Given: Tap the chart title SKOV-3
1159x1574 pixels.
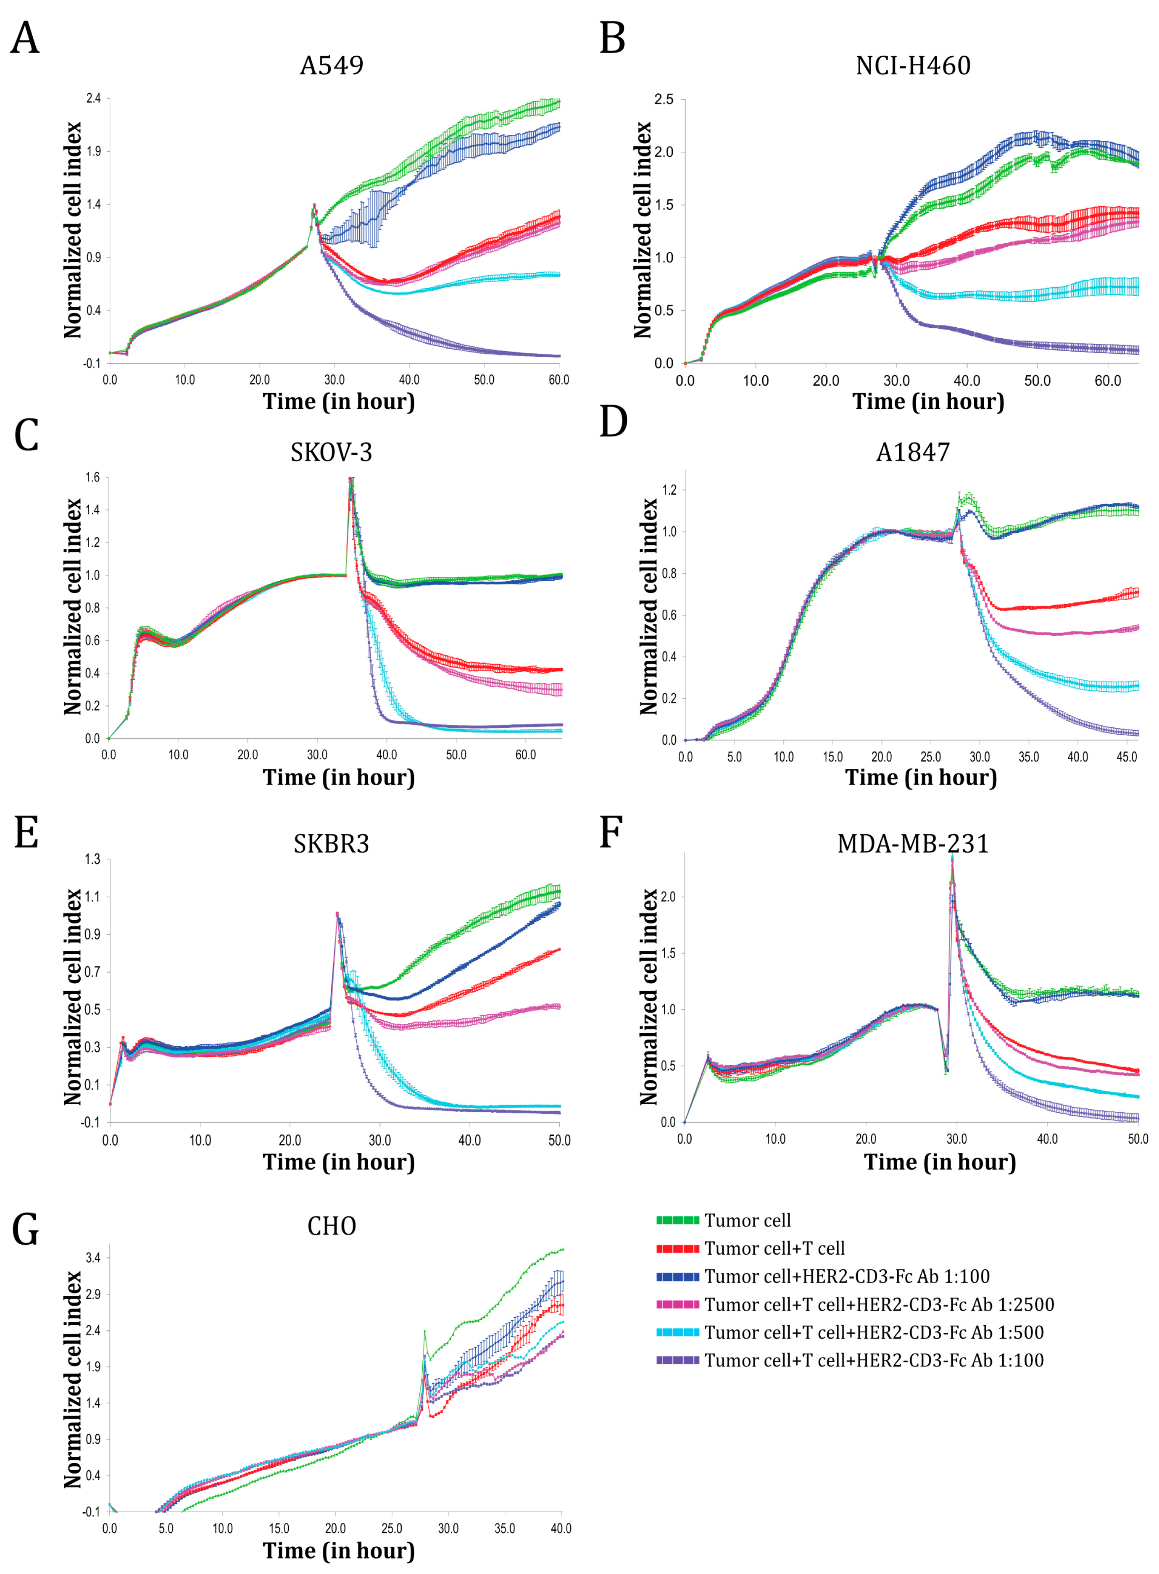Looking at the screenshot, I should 331,453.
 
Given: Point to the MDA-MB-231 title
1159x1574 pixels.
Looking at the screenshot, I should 913,843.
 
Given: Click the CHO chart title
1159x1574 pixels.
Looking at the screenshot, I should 331,1226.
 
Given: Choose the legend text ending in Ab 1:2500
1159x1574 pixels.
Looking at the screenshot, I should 879,1305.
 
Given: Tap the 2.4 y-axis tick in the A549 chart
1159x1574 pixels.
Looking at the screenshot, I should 93,99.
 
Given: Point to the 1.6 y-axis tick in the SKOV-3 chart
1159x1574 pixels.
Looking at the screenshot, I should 92,478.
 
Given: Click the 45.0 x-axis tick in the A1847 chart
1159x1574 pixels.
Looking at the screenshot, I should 1126,757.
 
